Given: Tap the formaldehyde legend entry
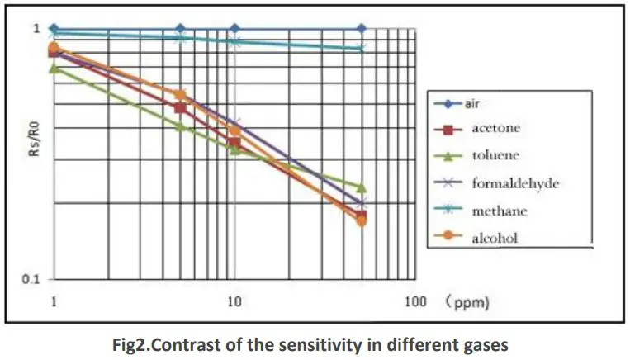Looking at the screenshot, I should pyautogui.click(x=514, y=182).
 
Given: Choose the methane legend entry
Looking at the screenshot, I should pyautogui.click(x=499, y=211).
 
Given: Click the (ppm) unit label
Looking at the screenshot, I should pyautogui.click(x=467, y=302).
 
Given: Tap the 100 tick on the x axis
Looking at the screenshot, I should pyautogui.click(x=415, y=301).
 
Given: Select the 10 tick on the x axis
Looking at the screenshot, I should pyautogui.click(x=234, y=301).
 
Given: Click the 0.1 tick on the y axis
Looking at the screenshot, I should pyautogui.click(x=30, y=280).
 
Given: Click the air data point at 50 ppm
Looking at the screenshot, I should pyautogui.click(x=361, y=29).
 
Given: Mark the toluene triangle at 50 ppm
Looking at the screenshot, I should pyautogui.click(x=361, y=187).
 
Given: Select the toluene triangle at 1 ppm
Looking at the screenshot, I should pyautogui.click(x=54, y=68).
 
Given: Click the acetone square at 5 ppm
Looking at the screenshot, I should pyautogui.click(x=180, y=107).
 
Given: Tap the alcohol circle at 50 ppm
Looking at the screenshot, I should pyautogui.click(x=361, y=220).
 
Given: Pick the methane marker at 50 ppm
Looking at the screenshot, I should pyautogui.click(x=361, y=48).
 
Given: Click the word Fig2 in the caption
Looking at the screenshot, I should pyautogui.click(x=136, y=345).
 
